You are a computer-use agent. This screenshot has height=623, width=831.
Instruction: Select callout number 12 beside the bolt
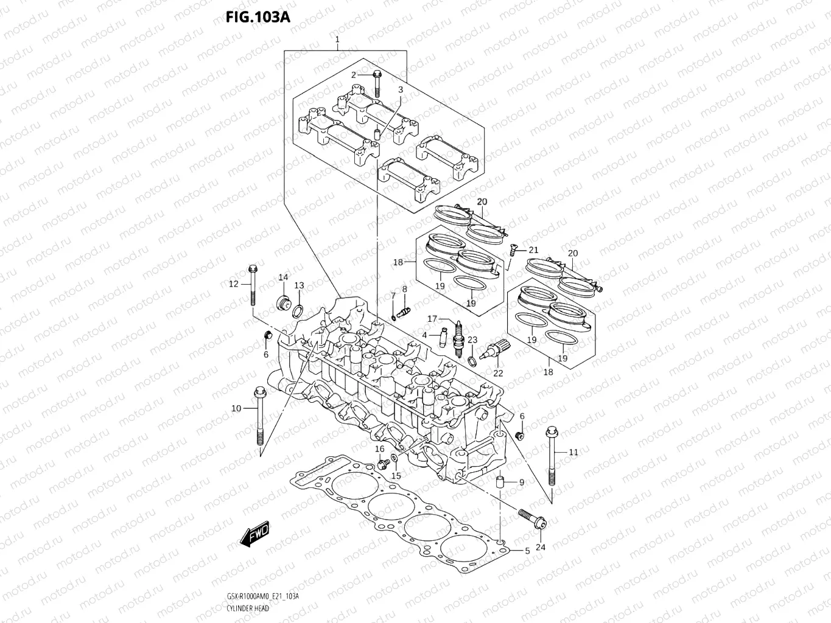pyautogui.click(x=234, y=284)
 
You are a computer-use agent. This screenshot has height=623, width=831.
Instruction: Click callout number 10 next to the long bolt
pyautogui.click(x=236, y=408)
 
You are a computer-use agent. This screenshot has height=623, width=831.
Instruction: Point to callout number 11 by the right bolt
pyautogui.click(x=573, y=452)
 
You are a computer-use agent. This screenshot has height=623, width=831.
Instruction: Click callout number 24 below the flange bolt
pyautogui.click(x=541, y=547)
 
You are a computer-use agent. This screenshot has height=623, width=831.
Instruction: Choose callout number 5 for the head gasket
pyautogui.click(x=527, y=551)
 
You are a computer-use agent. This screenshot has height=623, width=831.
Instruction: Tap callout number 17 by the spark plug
pyautogui.click(x=432, y=319)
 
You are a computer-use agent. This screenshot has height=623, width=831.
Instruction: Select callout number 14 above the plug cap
pyautogui.click(x=283, y=277)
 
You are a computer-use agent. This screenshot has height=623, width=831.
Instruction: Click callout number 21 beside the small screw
pyautogui.click(x=533, y=250)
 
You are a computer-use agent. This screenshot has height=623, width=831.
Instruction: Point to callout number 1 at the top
pyautogui.click(x=337, y=40)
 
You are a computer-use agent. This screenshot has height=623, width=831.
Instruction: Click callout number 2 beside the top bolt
pyautogui.click(x=353, y=75)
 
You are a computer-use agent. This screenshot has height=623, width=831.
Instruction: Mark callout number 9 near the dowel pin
pyautogui.click(x=521, y=482)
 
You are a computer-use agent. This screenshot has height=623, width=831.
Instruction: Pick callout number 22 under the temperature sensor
pyautogui.click(x=498, y=373)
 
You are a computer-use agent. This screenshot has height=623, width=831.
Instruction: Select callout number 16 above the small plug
pyautogui.click(x=379, y=449)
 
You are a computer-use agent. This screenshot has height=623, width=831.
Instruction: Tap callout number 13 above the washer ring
pyautogui.click(x=299, y=285)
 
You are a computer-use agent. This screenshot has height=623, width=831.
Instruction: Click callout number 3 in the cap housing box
pyautogui.click(x=401, y=90)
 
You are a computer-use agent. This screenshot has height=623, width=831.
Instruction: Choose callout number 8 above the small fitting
pyautogui.click(x=404, y=289)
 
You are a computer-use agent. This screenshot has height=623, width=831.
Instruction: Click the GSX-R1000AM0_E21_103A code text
pyautogui.click(x=262, y=597)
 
